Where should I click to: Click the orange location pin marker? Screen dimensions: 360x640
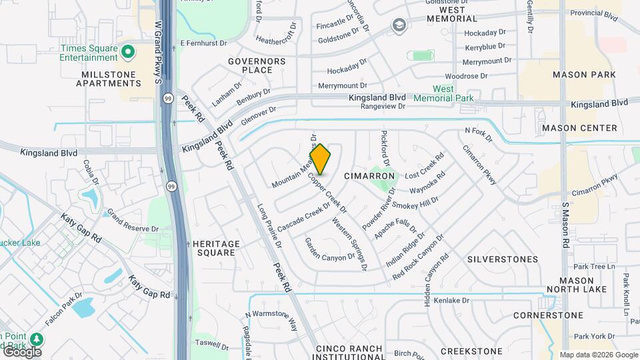(x=320, y=159)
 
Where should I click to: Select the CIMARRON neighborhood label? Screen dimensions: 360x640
(x=369, y=176)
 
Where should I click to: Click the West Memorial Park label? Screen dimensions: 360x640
(x=443, y=93)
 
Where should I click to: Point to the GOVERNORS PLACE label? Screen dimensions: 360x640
(x=257, y=65)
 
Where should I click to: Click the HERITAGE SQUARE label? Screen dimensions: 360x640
(x=215, y=249)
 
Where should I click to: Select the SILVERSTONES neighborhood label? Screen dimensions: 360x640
(x=503, y=259)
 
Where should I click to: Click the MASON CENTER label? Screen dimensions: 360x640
(x=579, y=128)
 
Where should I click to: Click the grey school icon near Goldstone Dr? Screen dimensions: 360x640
(x=399, y=26)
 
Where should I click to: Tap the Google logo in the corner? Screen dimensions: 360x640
(x=21, y=352)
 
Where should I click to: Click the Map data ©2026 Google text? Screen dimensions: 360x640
(x=599, y=355)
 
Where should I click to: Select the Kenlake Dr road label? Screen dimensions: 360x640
(x=452, y=301)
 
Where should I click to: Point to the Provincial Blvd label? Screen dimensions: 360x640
(x=595, y=12)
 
